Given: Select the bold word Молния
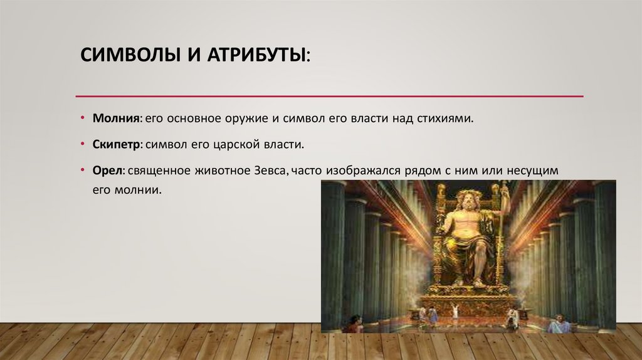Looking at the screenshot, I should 115,118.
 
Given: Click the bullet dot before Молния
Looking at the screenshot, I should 83,118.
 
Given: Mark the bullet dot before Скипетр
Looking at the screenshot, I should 83,144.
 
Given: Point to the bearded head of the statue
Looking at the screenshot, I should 468,200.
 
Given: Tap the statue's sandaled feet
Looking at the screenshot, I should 467,282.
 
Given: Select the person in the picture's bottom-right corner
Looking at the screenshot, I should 559,324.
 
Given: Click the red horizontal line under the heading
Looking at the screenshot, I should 329,96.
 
